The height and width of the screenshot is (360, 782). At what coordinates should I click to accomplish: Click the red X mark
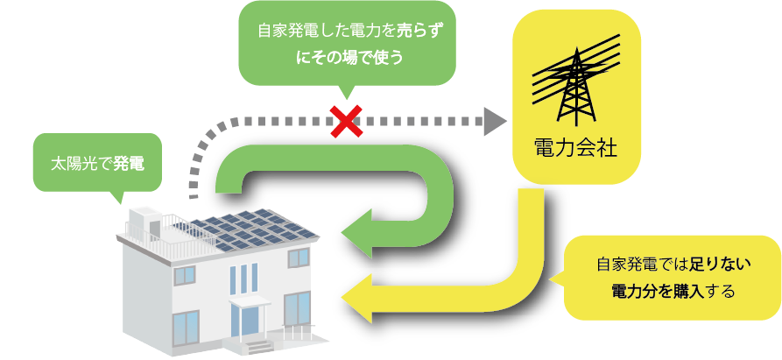[347, 120]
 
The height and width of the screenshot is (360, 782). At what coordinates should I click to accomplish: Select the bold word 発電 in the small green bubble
[129, 163]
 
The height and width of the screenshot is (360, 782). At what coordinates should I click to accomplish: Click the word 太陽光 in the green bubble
[77, 163]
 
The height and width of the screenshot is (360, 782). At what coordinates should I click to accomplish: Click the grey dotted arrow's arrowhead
[497, 120]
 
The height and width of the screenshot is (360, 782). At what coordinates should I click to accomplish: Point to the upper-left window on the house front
[186, 275]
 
